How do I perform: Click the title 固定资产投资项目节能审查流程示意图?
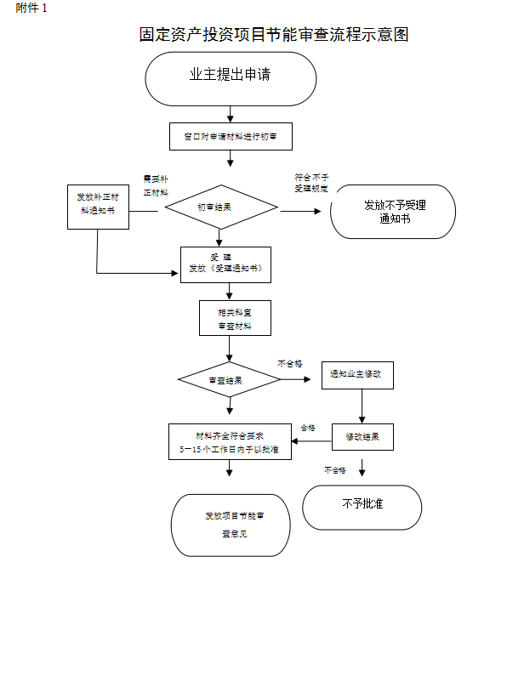tap(274, 35)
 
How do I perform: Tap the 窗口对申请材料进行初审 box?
tap(230, 136)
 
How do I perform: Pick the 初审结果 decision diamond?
tap(221, 207)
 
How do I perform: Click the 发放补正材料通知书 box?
tap(98, 207)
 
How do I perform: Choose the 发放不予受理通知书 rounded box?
tap(394, 212)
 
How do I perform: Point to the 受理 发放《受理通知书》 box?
tap(225, 264)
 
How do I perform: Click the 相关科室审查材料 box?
tap(234, 319)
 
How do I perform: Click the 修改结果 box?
tap(362, 437)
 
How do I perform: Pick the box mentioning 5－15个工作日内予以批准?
tap(230, 440)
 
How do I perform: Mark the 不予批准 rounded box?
tap(362, 507)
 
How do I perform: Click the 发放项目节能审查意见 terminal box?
tap(231, 525)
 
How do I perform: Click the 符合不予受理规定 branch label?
tap(311, 183)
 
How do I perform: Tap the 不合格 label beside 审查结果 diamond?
tap(289, 363)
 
